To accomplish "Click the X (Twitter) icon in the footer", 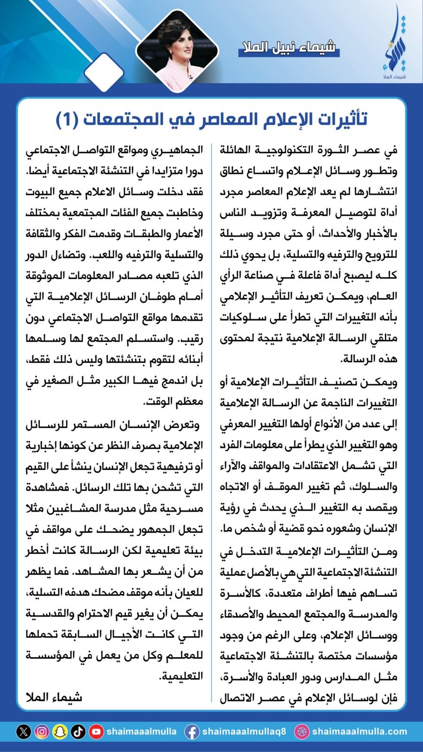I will tap(23, 732).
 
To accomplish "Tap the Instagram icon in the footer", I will tap(41, 732).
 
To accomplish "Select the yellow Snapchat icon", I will tap(60, 732).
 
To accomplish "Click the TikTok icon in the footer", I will tap(78, 732).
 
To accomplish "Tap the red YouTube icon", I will tap(96, 732).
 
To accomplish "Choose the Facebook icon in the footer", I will tap(191, 732).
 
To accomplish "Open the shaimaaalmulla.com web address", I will tap(359, 732).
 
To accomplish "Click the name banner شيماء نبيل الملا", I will tap(289, 47).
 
